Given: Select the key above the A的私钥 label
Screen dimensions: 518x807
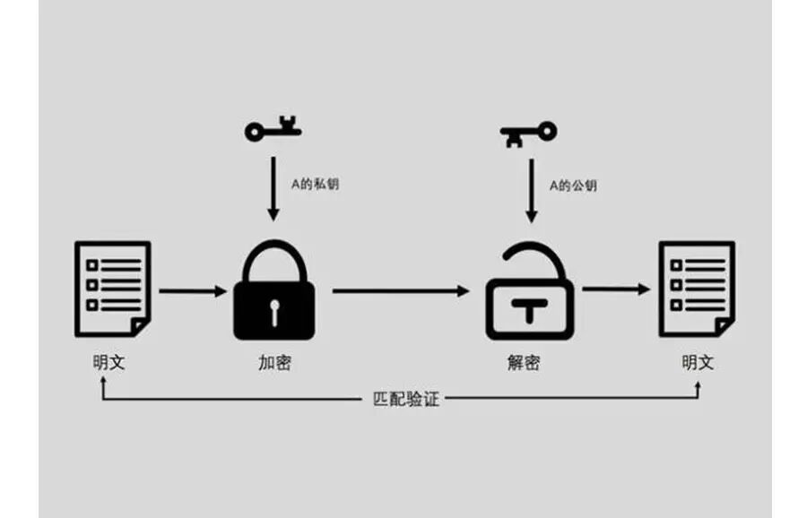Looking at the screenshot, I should point(273,131).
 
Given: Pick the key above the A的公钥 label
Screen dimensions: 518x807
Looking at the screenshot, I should point(529,134).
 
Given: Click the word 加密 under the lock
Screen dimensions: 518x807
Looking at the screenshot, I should point(274,364).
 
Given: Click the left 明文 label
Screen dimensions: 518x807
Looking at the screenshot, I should point(109,364).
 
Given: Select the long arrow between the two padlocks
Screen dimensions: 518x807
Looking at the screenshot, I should point(402,291).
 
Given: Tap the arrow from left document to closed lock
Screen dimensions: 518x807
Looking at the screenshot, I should point(193,291).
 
